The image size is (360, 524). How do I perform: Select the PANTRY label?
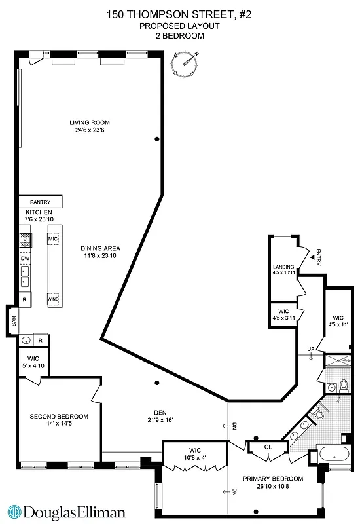(x=41, y=202)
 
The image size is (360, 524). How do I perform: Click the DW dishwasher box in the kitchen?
(x=25, y=258)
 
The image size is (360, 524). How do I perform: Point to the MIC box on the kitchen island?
(x=53, y=240)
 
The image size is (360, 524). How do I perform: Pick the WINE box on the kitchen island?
(x=53, y=299)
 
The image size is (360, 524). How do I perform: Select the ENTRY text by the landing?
(x=317, y=257)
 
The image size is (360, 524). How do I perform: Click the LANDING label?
(x=283, y=267)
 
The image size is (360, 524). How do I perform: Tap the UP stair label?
(x=312, y=349)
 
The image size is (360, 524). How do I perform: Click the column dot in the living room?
(x=156, y=139)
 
